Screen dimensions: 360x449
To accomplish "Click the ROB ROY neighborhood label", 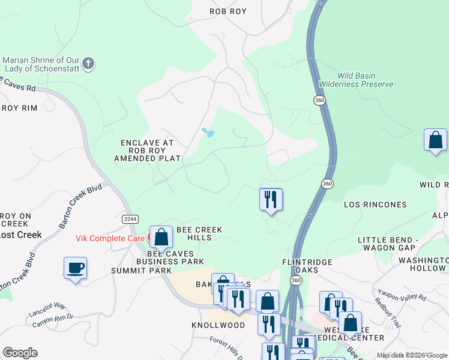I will tap(228, 11).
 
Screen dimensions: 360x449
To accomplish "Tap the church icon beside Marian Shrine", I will tap(88, 64).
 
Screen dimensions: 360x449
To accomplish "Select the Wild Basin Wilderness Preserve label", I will tap(356, 80).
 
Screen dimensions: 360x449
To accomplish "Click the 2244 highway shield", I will tap(128, 219).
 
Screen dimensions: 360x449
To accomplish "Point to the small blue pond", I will tap(208, 133).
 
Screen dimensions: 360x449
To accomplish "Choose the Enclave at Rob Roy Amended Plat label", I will tap(147, 151).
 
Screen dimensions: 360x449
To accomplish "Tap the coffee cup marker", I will tap(75, 268).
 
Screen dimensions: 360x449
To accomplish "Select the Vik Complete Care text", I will tap(110, 238).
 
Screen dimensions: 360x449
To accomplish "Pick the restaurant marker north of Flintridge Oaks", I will tap(271, 199).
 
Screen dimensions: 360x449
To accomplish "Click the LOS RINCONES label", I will tap(375, 205).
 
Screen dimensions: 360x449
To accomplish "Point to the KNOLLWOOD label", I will tap(218, 325).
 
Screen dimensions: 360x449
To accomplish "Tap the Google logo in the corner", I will tap(20, 353).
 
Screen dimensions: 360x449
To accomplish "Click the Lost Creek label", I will tap(21, 235).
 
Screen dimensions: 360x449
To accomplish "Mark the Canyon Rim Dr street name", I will tap(52, 318).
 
